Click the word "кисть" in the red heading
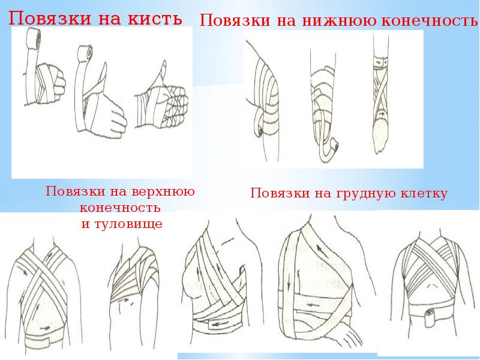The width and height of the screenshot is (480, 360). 155,19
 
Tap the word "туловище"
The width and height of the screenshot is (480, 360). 128,224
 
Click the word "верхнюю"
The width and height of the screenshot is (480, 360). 163,191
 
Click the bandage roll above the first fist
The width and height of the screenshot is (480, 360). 33,38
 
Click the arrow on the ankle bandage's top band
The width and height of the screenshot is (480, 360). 379,62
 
